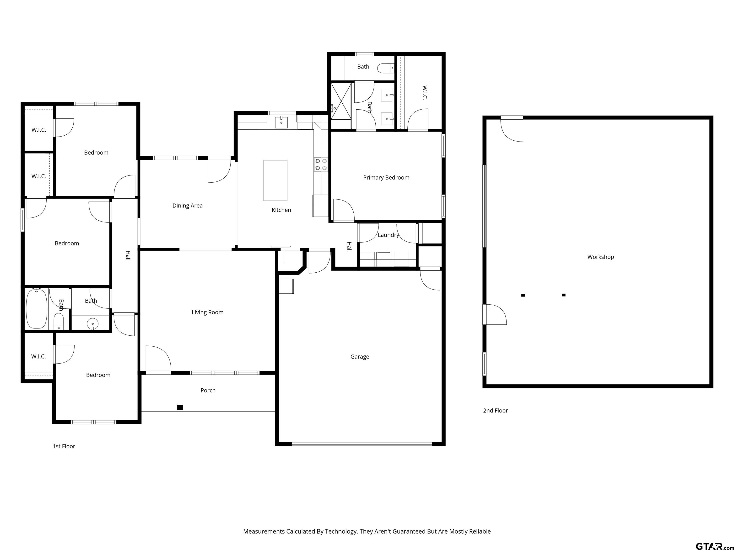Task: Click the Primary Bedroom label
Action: [x=386, y=178]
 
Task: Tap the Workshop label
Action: [x=601, y=257]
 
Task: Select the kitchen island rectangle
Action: [x=275, y=180]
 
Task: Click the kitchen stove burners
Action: [x=321, y=164]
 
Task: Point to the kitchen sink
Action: [x=281, y=122]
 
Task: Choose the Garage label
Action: [x=360, y=357]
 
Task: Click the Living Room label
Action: [x=208, y=312]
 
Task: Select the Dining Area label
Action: [x=188, y=206]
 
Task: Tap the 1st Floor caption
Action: [x=64, y=446]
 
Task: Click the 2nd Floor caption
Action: [x=495, y=410]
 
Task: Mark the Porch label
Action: [x=208, y=391]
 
